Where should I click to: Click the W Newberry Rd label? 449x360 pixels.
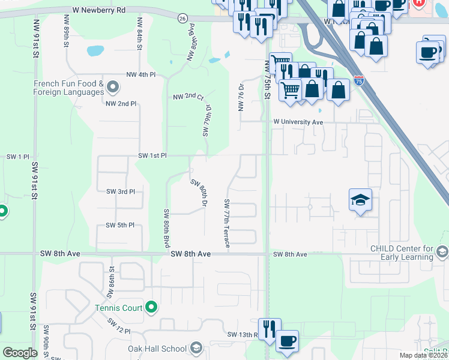pos(98,10)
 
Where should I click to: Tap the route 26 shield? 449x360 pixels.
pos(182,19)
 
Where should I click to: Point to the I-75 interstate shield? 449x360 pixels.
pos(358,80)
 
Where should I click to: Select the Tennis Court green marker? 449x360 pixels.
pos(151,308)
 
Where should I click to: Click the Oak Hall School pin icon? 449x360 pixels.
pos(196,348)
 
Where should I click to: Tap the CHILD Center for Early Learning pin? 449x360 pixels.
pos(443,251)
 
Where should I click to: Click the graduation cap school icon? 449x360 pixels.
pos(361,199)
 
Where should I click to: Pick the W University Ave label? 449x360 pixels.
pos(298,122)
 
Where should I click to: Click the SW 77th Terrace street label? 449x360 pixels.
pos(227,223)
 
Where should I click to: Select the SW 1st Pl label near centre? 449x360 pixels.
pos(152,155)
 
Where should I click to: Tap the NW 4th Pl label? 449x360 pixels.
pos(141,75)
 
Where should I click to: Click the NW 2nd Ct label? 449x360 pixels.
pos(188,97)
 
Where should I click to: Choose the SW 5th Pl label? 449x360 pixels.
pos(120,225)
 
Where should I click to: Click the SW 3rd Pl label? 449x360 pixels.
pos(121,191)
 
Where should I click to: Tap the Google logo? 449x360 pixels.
pos(20,353)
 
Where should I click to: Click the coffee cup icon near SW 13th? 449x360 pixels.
pos(288,340)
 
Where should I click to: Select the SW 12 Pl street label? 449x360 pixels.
pos(119,326)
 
